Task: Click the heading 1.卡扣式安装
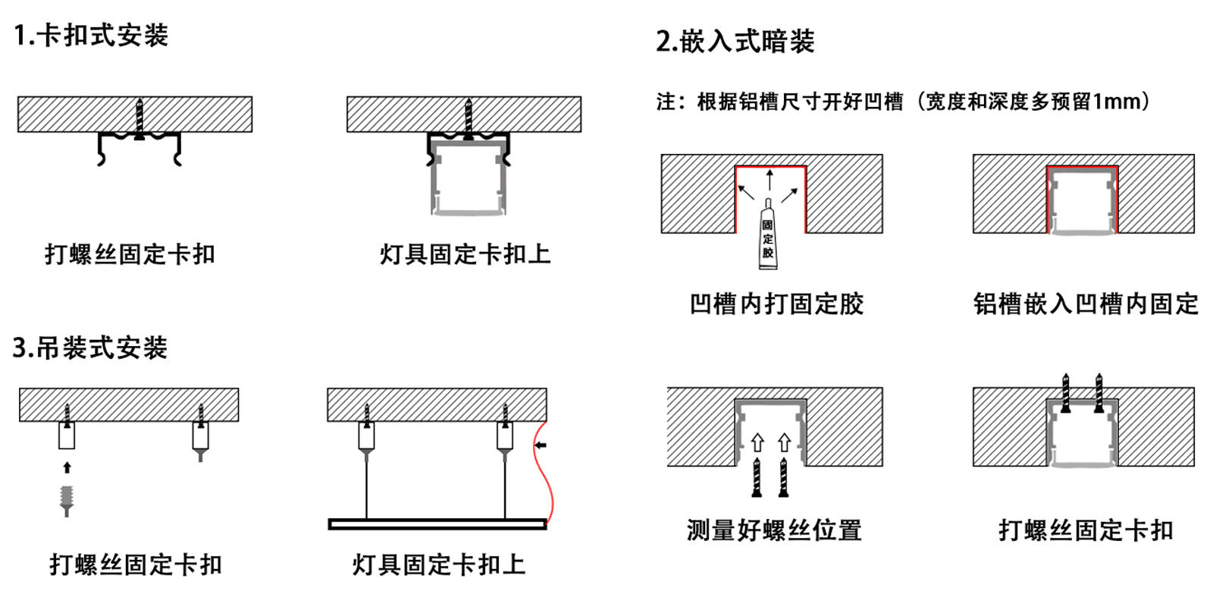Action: [x=91, y=36]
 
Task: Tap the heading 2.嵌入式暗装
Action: [x=735, y=41]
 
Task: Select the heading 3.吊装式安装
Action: [x=89, y=348]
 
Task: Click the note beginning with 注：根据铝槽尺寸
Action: [x=903, y=101]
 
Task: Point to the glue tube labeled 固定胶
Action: [x=768, y=238]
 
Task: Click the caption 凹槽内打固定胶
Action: [x=776, y=303]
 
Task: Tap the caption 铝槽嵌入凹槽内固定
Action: [x=1086, y=303]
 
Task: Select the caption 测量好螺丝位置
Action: [x=774, y=530]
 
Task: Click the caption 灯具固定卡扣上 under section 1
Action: [x=465, y=254]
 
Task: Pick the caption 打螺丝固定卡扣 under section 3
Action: [x=136, y=564]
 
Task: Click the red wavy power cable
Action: [x=541, y=478]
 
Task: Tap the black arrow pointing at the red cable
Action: [x=541, y=445]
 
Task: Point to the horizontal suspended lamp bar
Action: [x=437, y=524]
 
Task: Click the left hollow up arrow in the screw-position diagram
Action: [x=757, y=442]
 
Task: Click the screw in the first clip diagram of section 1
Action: [x=139, y=118]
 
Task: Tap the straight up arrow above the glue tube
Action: [x=769, y=181]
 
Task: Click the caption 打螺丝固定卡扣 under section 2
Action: [x=1086, y=530]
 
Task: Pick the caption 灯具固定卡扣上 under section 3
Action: [x=438, y=564]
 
